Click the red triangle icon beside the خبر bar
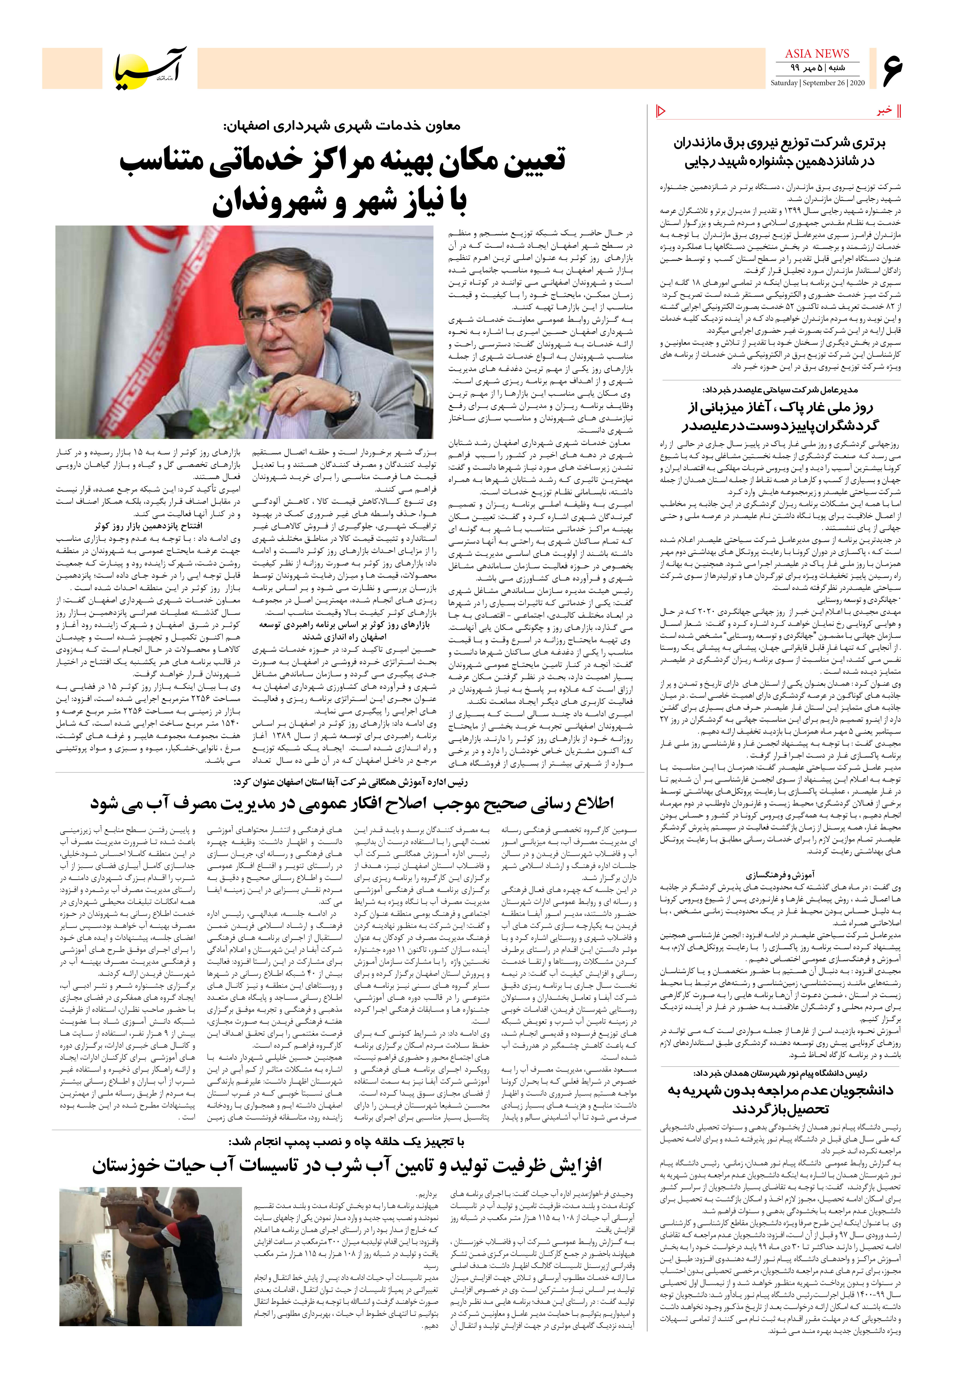660,111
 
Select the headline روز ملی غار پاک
781,416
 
